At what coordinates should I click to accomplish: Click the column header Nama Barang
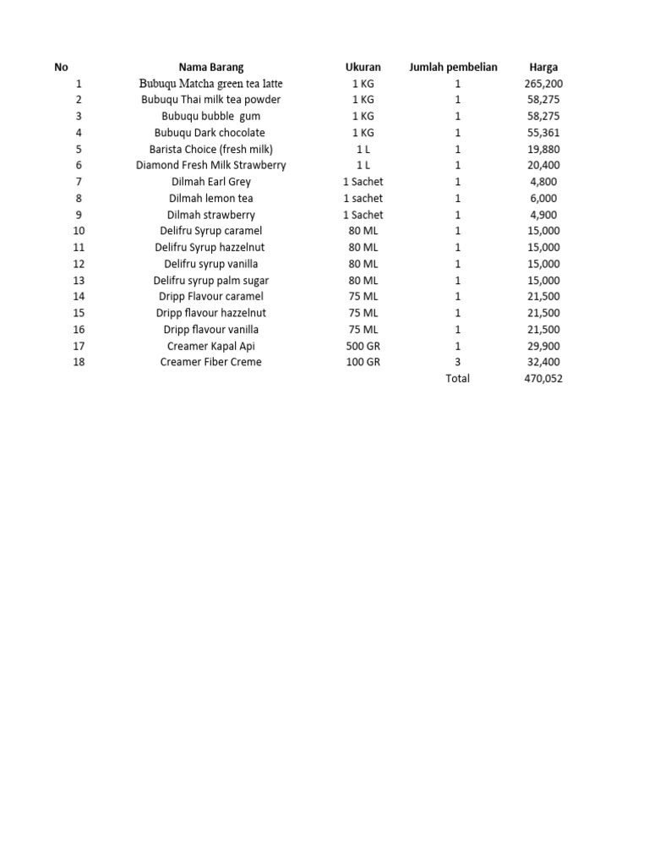pos(210,67)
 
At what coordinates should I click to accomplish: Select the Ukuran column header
pos(363,67)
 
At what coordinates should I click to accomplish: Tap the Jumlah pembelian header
pos(453,67)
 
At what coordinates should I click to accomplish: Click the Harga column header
pos(543,67)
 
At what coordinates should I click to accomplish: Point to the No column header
pos(61,67)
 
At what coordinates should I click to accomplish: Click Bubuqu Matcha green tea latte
pos(210,84)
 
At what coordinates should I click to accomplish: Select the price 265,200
pos(543,84)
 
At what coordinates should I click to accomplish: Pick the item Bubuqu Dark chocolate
pos(210,133)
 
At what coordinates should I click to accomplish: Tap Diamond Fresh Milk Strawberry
pos(210,165)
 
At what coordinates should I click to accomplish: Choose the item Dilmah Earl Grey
pos(210,182)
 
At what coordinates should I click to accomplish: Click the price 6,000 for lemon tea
pos(543,198)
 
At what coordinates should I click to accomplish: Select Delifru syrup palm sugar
pos(210,280)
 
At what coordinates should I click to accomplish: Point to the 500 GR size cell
pos(363,346)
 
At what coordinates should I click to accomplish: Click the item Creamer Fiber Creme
pos(210,362)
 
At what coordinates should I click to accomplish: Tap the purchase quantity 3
pos(457,362)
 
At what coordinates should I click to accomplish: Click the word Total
pos(457,378)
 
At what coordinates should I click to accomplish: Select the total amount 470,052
pos(543,378)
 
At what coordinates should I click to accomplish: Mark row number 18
pos(79,362)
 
